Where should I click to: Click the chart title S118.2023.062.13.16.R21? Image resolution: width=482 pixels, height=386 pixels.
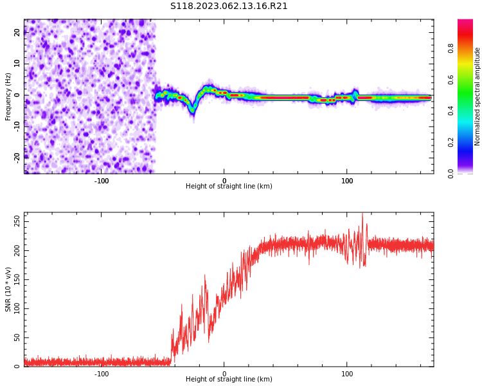click(x=229, y=6)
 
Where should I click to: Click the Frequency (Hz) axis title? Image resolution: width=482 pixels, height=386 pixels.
click(x=8, y=96)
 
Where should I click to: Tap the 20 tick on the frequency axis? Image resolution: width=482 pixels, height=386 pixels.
click(x=17, y=32)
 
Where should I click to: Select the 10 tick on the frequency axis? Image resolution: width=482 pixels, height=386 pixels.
click(x=17, y=64)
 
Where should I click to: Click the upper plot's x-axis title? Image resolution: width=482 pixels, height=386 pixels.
click(x=229, y=187)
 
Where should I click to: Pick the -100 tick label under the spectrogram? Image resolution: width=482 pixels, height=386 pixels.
click(x=102, y=181)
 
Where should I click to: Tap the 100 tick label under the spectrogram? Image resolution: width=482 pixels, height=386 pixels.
click(x=347, y=181)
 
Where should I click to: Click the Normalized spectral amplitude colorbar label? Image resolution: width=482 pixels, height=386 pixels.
click(x=478, y=96)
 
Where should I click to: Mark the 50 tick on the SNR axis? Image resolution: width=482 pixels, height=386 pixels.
click(x=16, y=338)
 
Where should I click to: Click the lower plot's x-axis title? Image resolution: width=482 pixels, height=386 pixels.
click(x=229, y=380)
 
